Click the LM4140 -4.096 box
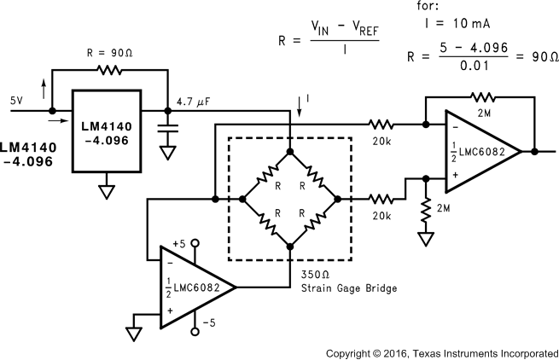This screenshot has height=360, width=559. coord(106,133)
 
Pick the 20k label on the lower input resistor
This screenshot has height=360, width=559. coord(381,216)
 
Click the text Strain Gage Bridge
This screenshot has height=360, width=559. coord(348,288)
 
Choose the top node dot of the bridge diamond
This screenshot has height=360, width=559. coord(290,152)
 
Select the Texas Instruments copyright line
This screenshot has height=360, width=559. coord(442,352)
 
